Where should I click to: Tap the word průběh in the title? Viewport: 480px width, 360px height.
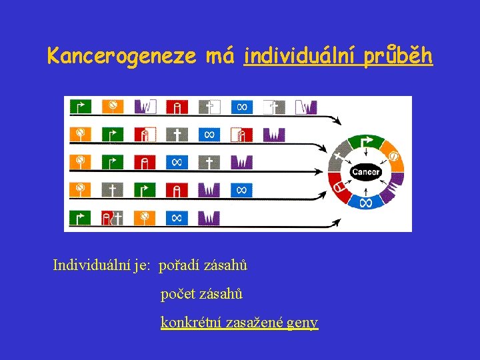click(400, 56)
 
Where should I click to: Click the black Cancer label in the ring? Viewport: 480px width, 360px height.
click(365, 172)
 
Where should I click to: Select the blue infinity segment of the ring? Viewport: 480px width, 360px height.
click(365, 201)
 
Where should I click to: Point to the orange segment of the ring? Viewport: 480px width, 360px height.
click(393, 157)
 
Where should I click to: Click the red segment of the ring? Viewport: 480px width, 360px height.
click(339, 187)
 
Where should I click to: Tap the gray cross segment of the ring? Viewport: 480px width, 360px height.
click(339, 157)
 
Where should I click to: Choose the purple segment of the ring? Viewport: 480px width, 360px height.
click(393, 187)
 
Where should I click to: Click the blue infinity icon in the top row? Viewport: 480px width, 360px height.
click(242, 106)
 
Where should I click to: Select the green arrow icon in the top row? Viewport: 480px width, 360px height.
click(81, 106)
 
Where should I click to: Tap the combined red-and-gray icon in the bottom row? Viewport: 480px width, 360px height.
click(112, 217)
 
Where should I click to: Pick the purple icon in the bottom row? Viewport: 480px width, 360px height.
click(209, 217)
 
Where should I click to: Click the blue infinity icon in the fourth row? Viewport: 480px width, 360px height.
click(242, 190)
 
